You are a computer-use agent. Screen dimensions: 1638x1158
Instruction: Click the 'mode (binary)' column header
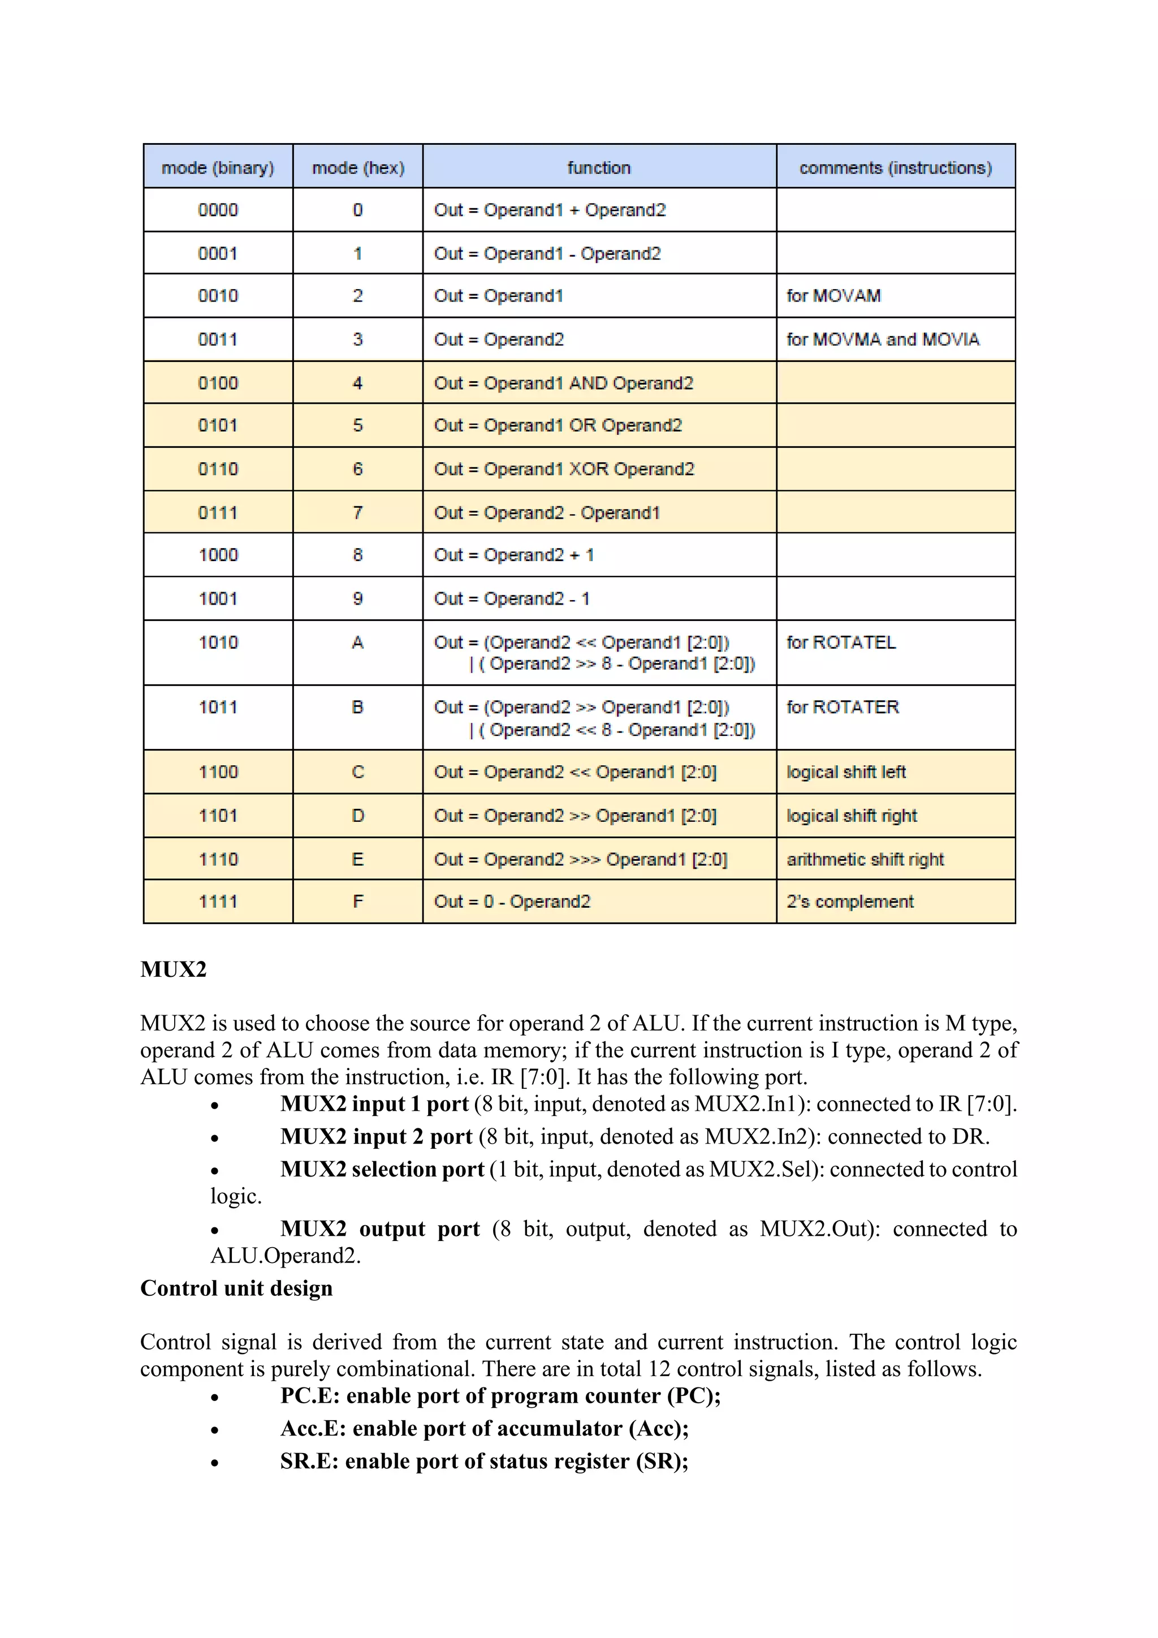[218, 167]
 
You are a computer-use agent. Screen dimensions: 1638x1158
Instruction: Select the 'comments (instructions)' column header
[895, 167]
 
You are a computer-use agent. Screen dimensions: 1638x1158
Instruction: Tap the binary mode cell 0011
[218, 339]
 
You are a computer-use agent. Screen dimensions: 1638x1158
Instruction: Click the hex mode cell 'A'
[357, 643]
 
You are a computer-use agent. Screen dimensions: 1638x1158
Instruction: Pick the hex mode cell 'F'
[357, 902]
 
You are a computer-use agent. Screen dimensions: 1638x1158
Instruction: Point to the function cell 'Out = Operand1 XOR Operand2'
[563, 469]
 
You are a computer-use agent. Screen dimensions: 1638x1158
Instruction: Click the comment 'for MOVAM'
[833, 296]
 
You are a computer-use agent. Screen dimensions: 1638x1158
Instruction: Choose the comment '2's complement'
[849, 902]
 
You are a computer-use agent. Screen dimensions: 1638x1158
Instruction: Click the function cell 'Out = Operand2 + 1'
[513, 555]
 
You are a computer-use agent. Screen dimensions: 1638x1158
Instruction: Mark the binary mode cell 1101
[218, 816]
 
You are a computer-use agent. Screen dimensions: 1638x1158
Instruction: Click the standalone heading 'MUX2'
[173, 969]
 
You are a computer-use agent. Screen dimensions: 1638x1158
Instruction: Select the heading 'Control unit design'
[236, 1288]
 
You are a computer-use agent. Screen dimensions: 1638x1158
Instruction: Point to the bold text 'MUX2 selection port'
[382, 1169]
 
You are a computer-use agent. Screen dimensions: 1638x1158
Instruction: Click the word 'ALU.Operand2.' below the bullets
[285, 1256]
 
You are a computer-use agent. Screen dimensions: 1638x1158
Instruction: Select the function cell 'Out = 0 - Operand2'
[512, 902]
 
